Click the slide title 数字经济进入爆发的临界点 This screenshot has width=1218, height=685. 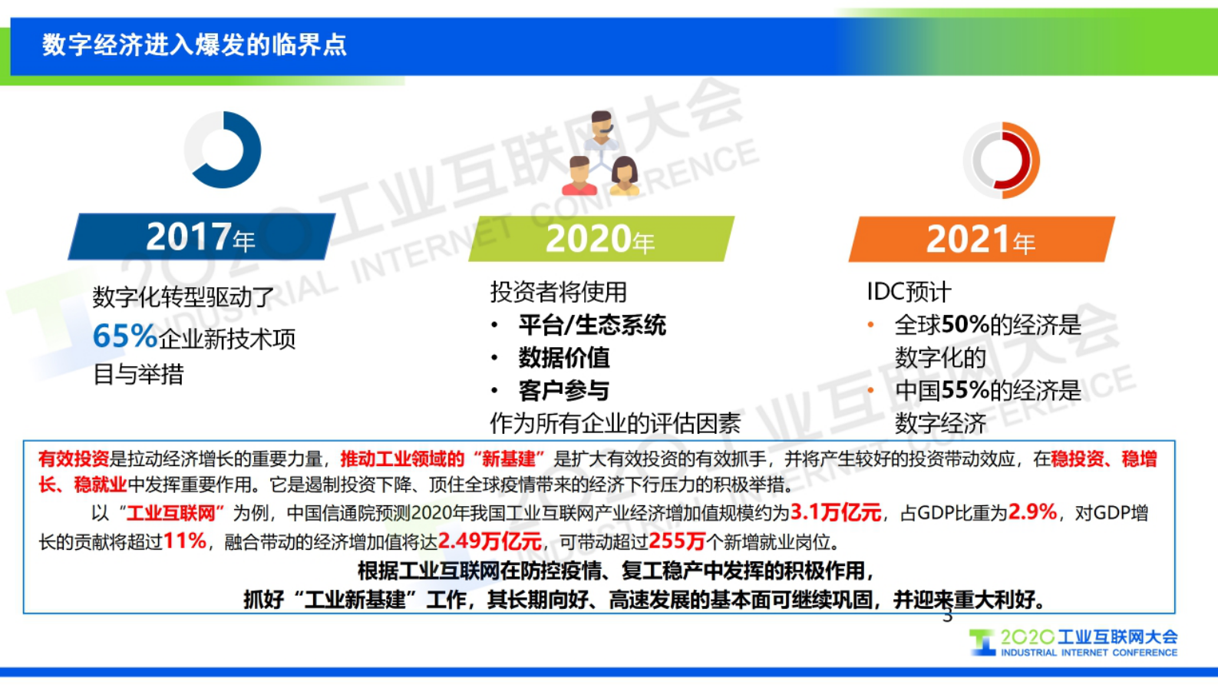tap(194, 45)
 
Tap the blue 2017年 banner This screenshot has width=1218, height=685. tap(201, 237)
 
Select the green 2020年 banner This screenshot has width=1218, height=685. tap(600, 239)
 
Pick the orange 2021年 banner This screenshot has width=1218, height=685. tap(981, 240)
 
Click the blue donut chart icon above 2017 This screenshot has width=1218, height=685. tap(223, 150)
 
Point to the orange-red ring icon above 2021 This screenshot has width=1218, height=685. tap(1002, 160)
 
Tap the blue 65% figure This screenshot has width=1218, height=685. tap(124, 336)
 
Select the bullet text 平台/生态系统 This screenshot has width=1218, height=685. tap(592, 326)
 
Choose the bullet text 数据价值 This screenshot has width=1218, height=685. tap(564, 358)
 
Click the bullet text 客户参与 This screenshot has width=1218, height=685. tap(564, 391)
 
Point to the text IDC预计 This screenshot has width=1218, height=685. tap(909, 292)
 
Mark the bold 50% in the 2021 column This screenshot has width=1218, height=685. tap(965, 325)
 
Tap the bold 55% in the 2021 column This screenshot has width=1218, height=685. tap(965, 391)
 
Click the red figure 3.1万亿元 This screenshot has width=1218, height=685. tap(836, 512)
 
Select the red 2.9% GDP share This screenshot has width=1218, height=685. tap(1032, 512)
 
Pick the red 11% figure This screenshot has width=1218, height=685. tap(185, 541)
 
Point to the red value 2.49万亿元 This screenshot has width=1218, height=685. tap(490, 541)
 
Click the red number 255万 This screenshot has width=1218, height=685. tap(677, 541)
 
